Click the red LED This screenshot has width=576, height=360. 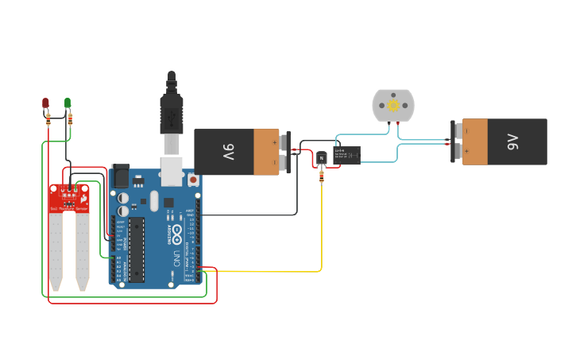click(x=45, y=103)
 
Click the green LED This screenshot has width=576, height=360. click(x=68, y=103)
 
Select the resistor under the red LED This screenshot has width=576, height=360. click(x=48, y=120)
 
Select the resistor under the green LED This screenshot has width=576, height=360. click(x=70, y=120)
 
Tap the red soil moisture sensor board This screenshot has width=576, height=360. click(x=69, y=198)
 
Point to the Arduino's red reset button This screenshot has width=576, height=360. click(x=193, y=180)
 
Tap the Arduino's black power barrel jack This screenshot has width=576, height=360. click(x=121, y=176)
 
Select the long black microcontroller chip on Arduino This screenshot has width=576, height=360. click(x=137, y=249)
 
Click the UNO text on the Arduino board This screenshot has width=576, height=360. click(x=176, y=258)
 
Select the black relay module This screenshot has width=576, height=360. click(x=347, y=154)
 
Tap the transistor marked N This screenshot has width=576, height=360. click(x=321, y=157)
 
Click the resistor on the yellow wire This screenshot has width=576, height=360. click(x=321, y=176)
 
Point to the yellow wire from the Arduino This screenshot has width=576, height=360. click(x=270, y=271)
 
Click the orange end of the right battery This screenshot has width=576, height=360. click(x=475, y=141)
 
